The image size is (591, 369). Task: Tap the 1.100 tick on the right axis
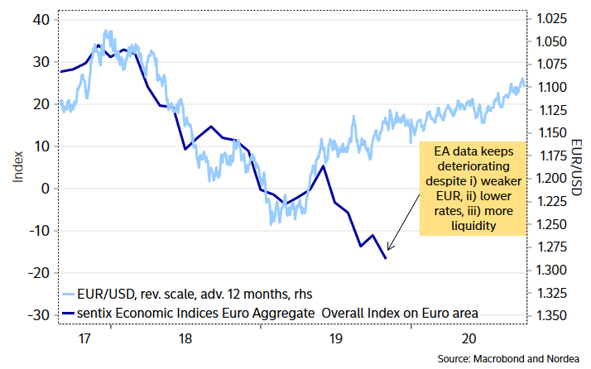(x=550, y=87)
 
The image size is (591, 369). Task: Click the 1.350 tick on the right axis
(x=550, y=315)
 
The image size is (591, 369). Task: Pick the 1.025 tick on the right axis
(x=550, y=19)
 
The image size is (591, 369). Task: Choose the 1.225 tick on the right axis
(x=550, y=201)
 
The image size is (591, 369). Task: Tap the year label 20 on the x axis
(x=468, y=338)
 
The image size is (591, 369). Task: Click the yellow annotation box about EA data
(x=473, y=187)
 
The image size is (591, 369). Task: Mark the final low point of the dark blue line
(x=386, y=258)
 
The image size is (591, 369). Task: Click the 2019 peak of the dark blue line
(x=323, y=166)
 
